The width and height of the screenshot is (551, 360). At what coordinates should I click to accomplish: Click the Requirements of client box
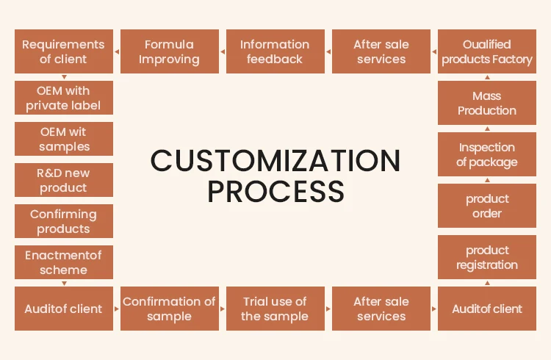(x=64, y=51)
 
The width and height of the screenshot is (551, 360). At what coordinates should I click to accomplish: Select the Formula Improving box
(x=169, y=51)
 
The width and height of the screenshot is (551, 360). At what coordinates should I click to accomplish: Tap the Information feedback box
(x=275, y=51)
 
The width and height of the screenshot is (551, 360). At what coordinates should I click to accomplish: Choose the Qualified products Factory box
(x=486, y=51)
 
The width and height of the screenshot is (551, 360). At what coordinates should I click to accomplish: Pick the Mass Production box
(x=486, y=103)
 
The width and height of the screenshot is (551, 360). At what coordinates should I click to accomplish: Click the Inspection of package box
(x=486, y=154)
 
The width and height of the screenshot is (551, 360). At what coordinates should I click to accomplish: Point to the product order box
(x=486, y=206)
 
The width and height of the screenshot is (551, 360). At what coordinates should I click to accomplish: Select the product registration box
(x=486, y=257)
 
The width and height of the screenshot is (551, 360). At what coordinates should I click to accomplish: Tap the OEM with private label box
(x=64, y=98)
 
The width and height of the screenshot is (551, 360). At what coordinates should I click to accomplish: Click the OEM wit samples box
(x=64, y=139)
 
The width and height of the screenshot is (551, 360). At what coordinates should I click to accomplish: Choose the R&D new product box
(x=64, y=180)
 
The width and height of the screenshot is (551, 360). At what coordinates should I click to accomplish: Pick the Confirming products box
(x=64, y=221)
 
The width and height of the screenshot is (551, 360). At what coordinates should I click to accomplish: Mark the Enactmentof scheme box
(x=64, y=262)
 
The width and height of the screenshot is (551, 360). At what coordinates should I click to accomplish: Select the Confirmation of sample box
(x=169, y=309)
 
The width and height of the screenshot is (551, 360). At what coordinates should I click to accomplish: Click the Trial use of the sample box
(x=275, y=309)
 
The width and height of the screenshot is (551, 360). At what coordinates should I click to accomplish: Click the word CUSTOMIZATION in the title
(x=275, y=160)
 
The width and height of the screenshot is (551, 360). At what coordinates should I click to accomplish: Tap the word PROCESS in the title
(x=275, y=192)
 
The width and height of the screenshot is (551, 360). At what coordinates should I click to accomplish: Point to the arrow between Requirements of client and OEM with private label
(x=64, y=77)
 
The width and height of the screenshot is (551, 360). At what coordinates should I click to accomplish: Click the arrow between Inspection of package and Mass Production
(x=486, y=129)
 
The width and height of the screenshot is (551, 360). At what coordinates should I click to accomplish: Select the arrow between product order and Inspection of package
(x=486, y=180)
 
